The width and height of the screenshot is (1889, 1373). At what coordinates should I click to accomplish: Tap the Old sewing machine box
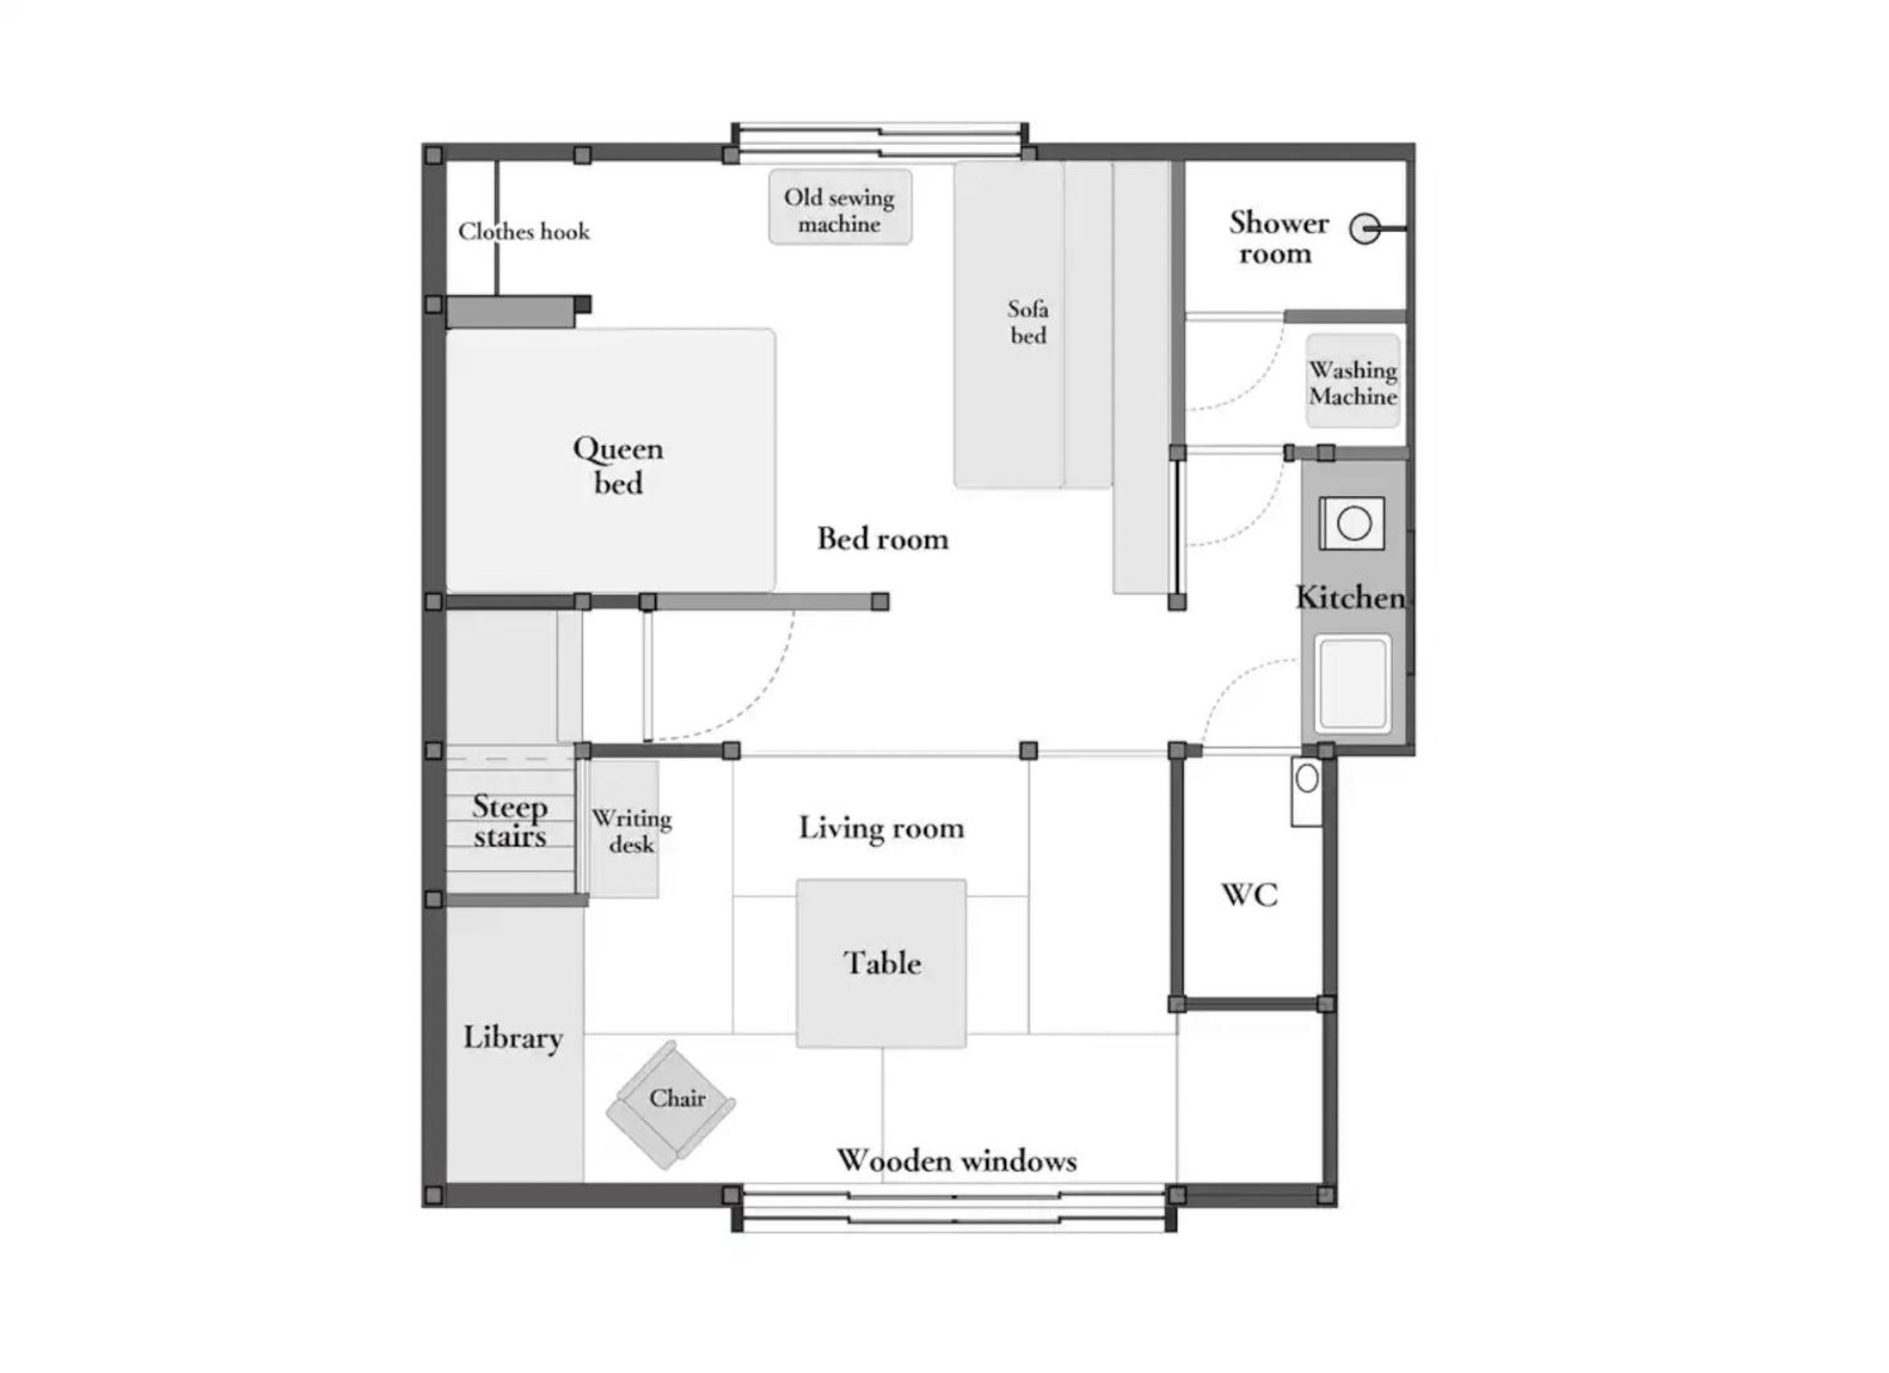coord(839,207)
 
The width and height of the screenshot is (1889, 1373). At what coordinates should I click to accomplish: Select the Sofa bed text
coord(1027,322)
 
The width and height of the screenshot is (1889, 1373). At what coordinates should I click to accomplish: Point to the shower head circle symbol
coord(1365,227)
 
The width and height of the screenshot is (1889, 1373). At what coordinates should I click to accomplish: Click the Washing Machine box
coord(1352,381)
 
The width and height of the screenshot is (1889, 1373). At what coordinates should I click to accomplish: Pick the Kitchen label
coord(1350,597)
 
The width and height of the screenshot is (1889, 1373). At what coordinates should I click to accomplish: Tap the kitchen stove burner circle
coord(1355,524)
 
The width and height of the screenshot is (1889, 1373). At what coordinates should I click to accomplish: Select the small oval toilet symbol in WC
coord(1307,778)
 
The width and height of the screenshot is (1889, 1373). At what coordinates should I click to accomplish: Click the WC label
coord(1249,895)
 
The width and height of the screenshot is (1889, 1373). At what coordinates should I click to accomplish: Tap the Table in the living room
coord(882,963)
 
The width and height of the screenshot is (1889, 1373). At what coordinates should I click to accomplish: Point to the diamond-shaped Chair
coord(670,1105)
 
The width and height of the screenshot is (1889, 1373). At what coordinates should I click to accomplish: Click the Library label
coord(513,1038)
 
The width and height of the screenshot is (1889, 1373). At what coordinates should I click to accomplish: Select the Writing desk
coord(624,829)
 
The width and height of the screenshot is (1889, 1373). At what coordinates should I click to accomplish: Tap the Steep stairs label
coord(510,822)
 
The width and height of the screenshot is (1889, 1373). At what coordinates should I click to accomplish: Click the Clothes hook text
coord(524,232)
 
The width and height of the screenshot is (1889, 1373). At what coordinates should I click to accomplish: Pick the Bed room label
coord(883,539)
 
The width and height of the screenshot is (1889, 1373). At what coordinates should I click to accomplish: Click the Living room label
coord(882,828)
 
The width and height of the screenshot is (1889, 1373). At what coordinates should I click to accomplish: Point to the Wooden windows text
coord(957,1160)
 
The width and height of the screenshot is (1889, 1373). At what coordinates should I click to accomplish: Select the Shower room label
coord(1278,238)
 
